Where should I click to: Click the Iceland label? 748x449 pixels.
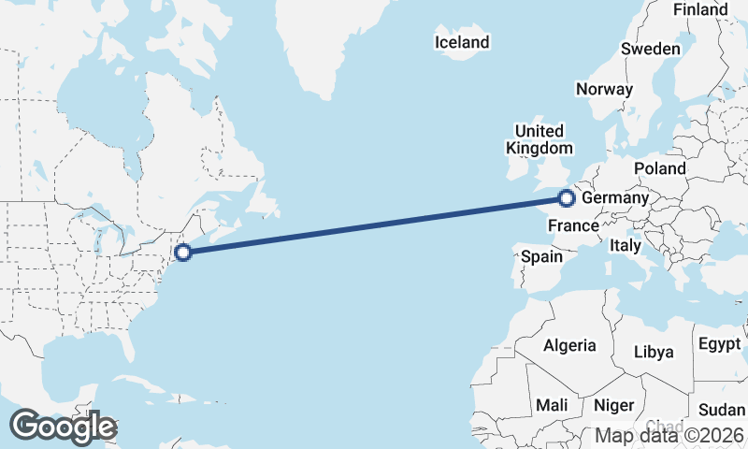(x=462, y=42)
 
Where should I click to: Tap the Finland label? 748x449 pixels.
(x=700, y=9)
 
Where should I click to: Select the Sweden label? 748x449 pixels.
(x=650, y=49)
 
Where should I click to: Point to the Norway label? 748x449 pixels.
(x=604, y=89)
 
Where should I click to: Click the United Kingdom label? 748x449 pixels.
(x=539, y=139)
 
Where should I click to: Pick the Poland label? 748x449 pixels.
(x=659, y=168)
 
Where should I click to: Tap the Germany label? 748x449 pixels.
(x=614, y=198)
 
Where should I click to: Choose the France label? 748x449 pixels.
(x=572, y=225)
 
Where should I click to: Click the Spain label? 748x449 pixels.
(x=541, y=256)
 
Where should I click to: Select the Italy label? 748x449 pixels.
(x=625, y=245)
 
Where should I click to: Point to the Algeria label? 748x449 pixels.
(x=569, y=345)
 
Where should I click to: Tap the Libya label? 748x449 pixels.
(x=654, y=352)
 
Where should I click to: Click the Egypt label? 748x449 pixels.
(x=719, y=343)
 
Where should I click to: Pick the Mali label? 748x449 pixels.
(x=552, y=405)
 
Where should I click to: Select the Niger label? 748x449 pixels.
(x=614, y=405)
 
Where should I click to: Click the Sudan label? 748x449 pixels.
(x=722, y=410)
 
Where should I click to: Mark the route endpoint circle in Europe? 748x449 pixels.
(x=566, y=197)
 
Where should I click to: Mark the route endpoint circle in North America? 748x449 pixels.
(x=183, y=252)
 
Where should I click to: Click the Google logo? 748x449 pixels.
(x=63, y=427)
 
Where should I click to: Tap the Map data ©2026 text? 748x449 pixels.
(x=670, y=435)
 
